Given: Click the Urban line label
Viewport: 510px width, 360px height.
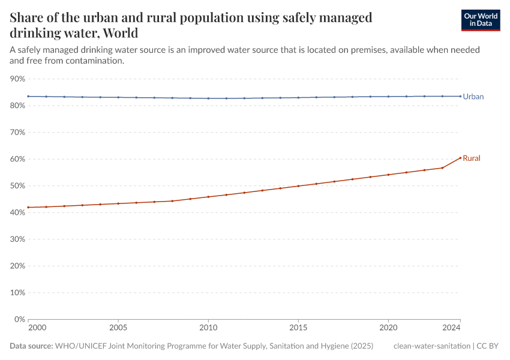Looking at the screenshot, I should (x=473, y=97).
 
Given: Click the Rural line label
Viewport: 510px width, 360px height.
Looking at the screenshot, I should (x=472, y=158).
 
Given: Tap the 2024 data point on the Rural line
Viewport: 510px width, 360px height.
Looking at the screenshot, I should (x=460, y=158).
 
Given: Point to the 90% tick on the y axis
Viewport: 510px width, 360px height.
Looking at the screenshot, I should (x=17, y=79).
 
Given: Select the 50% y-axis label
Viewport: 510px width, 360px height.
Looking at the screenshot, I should (x=17, y=186).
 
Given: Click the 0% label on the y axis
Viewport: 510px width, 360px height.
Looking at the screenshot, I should (x=20, y=319).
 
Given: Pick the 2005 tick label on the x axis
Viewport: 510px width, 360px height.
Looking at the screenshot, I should (x=118, y=329).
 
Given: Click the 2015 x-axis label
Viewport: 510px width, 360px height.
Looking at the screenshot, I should (x=298, y=329).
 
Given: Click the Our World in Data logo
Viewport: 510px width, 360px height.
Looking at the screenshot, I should (x=480, y=20).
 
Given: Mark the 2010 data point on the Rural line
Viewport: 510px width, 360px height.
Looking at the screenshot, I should (x=208, y=197).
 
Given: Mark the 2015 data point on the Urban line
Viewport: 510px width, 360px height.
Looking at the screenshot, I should (x=298, y=98).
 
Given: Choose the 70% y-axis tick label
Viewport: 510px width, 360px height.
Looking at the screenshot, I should (x=17, y=132).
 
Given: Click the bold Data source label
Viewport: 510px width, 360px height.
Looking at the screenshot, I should (x=31, y=346).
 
